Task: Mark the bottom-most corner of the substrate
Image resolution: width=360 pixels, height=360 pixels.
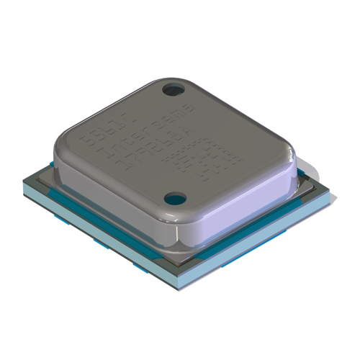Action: point(176,282)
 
